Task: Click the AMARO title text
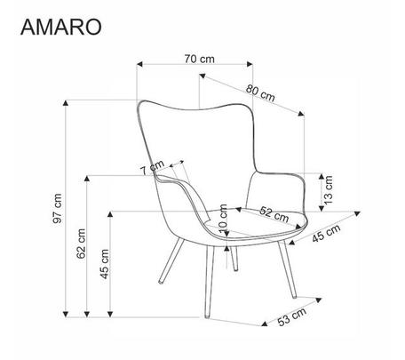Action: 61,27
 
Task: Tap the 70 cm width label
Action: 199,59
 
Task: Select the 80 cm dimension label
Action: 260,93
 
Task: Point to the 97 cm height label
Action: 58,208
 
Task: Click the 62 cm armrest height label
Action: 81,244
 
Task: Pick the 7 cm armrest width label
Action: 152,168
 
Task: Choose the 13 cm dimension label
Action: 329,190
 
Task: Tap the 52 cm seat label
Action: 274,214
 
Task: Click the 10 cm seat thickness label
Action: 223,218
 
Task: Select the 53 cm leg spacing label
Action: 292,316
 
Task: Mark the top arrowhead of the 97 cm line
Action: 66,103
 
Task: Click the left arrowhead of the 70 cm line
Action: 139,64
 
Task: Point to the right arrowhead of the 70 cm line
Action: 250,64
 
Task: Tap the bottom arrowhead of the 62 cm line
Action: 87,314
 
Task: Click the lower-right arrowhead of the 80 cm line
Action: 301,113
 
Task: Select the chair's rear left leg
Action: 171,261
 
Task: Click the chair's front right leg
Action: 287,269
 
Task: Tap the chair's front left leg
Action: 210,282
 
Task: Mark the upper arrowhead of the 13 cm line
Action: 322,177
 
